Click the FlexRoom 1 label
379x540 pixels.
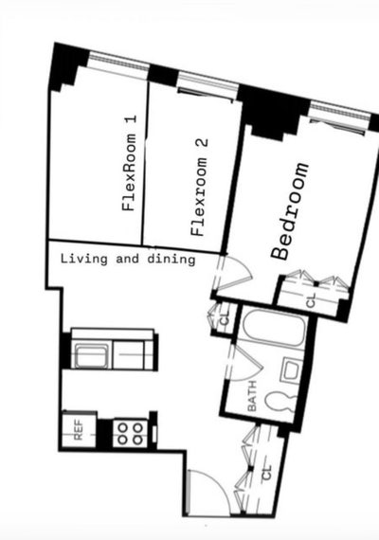click(130, 163)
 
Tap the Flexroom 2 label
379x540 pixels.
click(199, 188)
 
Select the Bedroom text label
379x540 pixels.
click(290, 210)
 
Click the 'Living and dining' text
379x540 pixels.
click(128, 259)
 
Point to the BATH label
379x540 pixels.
click(252, 396)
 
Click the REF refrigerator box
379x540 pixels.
click(79, 429)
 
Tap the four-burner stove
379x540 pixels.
click(131, 433)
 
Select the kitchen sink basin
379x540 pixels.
click(91, 355)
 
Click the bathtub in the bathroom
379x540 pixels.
click(274, 329)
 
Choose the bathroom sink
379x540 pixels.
click(292, 371)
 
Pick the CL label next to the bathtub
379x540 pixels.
click(225, 319)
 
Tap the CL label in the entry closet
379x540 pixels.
click(267, 472)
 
